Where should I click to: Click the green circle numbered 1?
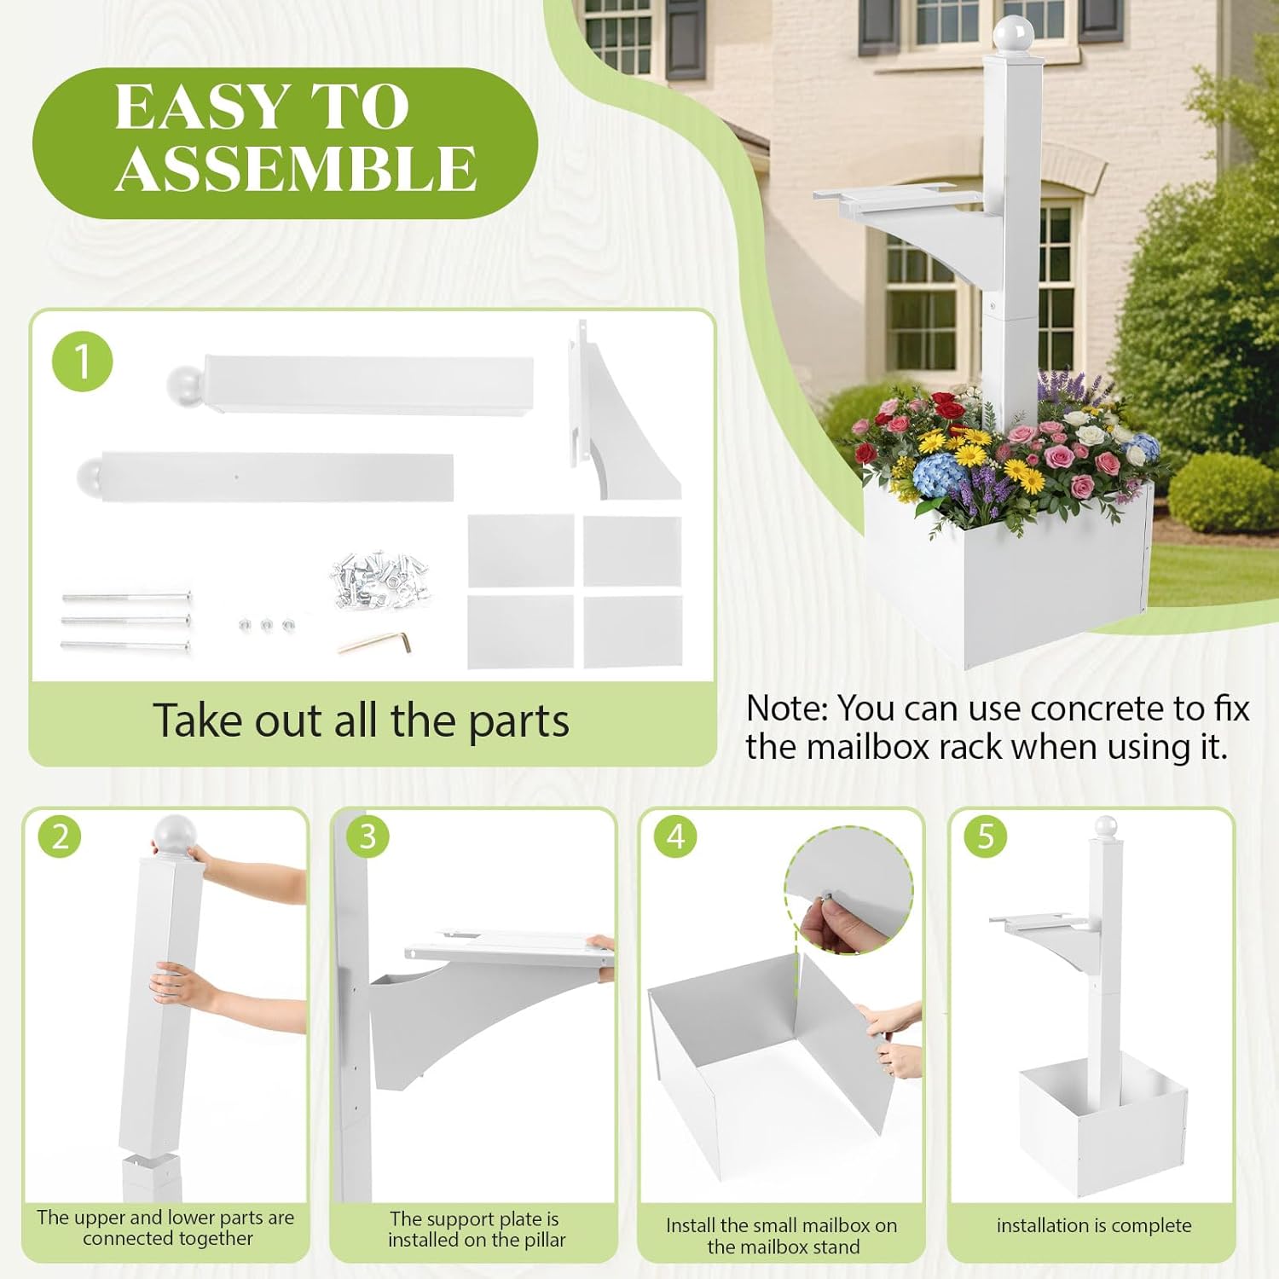point(83,362)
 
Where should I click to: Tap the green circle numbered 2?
point(60,836)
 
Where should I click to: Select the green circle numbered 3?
point(367,836)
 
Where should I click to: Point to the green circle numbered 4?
point(675,836)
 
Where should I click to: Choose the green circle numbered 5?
point(985,836)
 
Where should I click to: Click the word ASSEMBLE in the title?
point(295,168)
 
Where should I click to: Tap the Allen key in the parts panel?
point(375,641)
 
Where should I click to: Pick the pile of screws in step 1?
point(379,580)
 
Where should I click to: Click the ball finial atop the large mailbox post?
point(1013,34)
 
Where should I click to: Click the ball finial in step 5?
point(1106,825)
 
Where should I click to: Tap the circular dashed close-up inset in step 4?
point(848,889)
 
